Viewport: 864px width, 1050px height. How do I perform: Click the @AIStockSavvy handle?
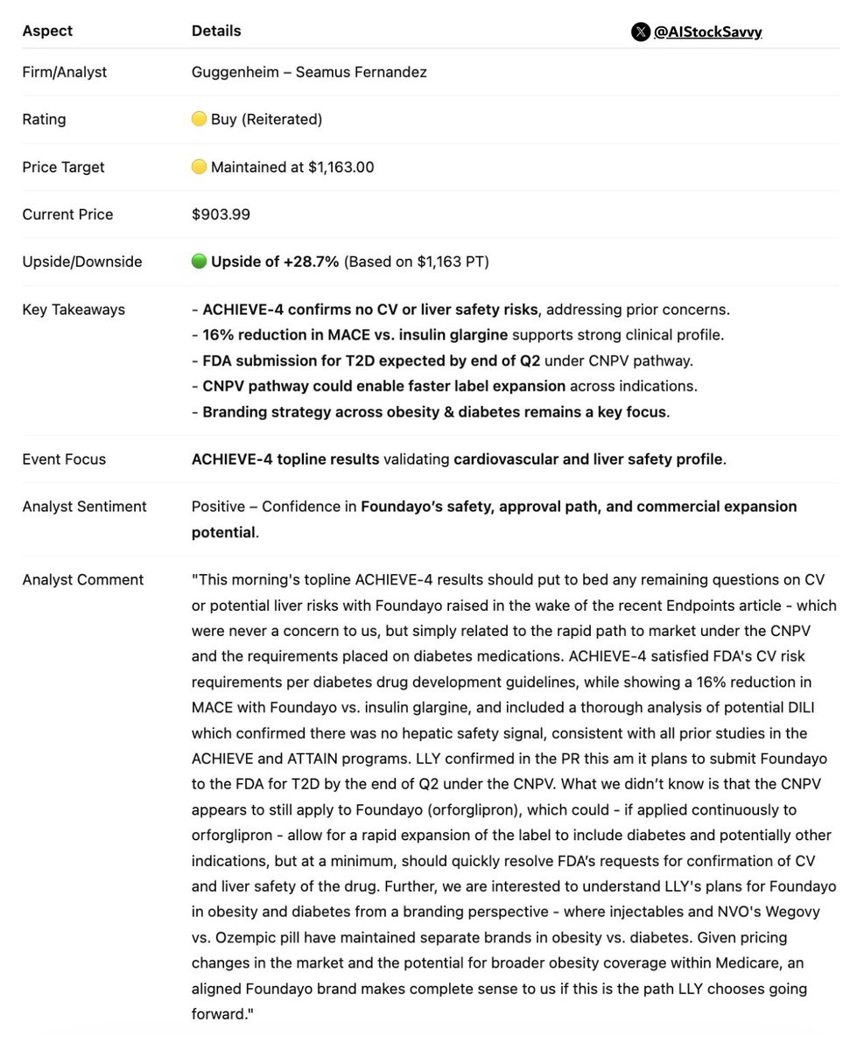click(707, 32)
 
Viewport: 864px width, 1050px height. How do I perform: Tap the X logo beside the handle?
click(640, 32)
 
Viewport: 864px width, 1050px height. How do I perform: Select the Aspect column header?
click(47, 31)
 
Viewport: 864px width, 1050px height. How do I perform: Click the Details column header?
click(216, 31)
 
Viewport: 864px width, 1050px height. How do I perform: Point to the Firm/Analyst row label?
click(65, 72)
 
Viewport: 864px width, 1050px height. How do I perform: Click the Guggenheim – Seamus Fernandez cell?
click(309, 72)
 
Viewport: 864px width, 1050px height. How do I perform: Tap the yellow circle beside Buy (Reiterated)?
click(199, 119)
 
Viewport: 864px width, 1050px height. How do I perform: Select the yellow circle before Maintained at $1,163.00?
click(199, 166)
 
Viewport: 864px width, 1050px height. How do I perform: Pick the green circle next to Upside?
click(199, 262)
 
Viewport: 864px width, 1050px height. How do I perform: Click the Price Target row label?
click(63, 166)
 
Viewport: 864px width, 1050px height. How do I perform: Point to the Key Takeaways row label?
click(74, 310)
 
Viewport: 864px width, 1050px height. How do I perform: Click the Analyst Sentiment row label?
click(84, 507)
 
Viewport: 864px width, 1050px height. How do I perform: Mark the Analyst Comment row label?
click(82, 579)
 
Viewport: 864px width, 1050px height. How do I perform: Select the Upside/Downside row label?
click(81, 262)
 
